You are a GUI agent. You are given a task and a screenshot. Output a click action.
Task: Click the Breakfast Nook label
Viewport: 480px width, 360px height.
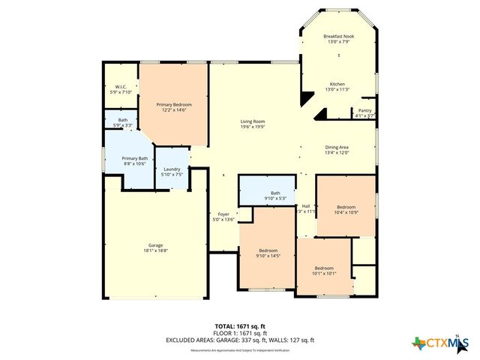[x=338, y=36]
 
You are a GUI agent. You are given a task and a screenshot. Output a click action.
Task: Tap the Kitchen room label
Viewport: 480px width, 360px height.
[x=338, y=84]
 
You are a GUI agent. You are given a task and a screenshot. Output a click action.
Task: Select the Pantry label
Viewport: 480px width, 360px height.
[x=364, y=111]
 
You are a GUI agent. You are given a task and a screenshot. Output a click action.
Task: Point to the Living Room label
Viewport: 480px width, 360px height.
[x=252, y=121]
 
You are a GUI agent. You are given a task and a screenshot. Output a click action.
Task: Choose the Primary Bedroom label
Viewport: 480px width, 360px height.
[x=174, y=104]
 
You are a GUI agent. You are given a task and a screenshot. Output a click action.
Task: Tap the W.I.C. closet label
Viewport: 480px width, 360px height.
[x=120, y=87]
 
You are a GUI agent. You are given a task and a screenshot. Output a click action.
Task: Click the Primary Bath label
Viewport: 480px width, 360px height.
[x=135, y=158]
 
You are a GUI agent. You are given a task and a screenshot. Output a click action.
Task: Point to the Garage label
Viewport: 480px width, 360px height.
[x=155, y=246]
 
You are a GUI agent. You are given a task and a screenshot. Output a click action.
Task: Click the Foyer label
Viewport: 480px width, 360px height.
[x=223, y=214]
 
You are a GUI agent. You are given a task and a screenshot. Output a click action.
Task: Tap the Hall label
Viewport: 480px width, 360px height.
[x=305, y=206]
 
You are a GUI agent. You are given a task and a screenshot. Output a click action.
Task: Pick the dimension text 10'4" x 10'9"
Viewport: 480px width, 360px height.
[x=345, y=211]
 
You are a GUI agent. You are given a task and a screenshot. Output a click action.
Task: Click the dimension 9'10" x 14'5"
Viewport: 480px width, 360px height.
[x=268, y=256]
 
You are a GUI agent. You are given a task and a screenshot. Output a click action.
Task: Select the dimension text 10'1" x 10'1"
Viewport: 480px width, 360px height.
[x=324, y=273]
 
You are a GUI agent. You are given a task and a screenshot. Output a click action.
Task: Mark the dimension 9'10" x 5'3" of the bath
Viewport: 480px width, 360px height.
[x=275, y=199]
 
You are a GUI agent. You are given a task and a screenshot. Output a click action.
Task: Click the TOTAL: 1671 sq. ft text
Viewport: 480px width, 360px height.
[x=240, y=326]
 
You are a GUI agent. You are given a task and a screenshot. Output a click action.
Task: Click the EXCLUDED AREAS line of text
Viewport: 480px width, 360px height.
[x=240, y=340]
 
